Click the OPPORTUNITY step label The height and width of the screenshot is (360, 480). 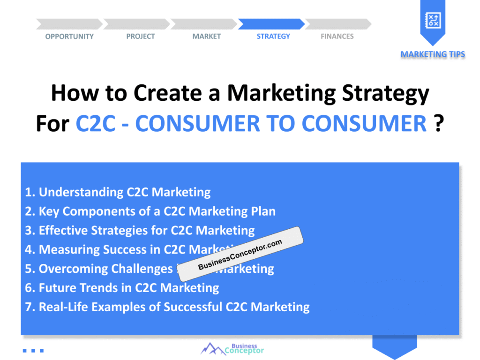tap(69, 37)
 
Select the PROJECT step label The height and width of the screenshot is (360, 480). tap(140, 37)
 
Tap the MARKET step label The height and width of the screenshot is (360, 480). tap(206, 37)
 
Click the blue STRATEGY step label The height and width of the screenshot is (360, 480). tap(273, 37)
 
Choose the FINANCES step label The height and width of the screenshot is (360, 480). tap(337, 37)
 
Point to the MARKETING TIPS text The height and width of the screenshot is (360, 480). tap(433, 54)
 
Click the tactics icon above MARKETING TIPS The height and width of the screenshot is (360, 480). tap(432, 20)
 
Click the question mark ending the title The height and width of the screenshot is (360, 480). tap(438, 124)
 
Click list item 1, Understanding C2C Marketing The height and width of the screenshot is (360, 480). tap(118, 192)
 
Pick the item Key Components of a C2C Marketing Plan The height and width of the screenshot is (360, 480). tap(150, 211)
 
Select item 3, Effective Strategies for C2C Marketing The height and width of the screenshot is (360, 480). tap(140, 231)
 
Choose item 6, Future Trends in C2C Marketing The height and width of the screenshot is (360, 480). tap(122, 287)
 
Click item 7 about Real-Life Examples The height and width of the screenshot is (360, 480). tap(167, 307)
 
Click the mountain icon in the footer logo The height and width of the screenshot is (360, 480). tap(212, 349)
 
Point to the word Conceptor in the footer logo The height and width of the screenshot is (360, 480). tap(244, 351)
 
